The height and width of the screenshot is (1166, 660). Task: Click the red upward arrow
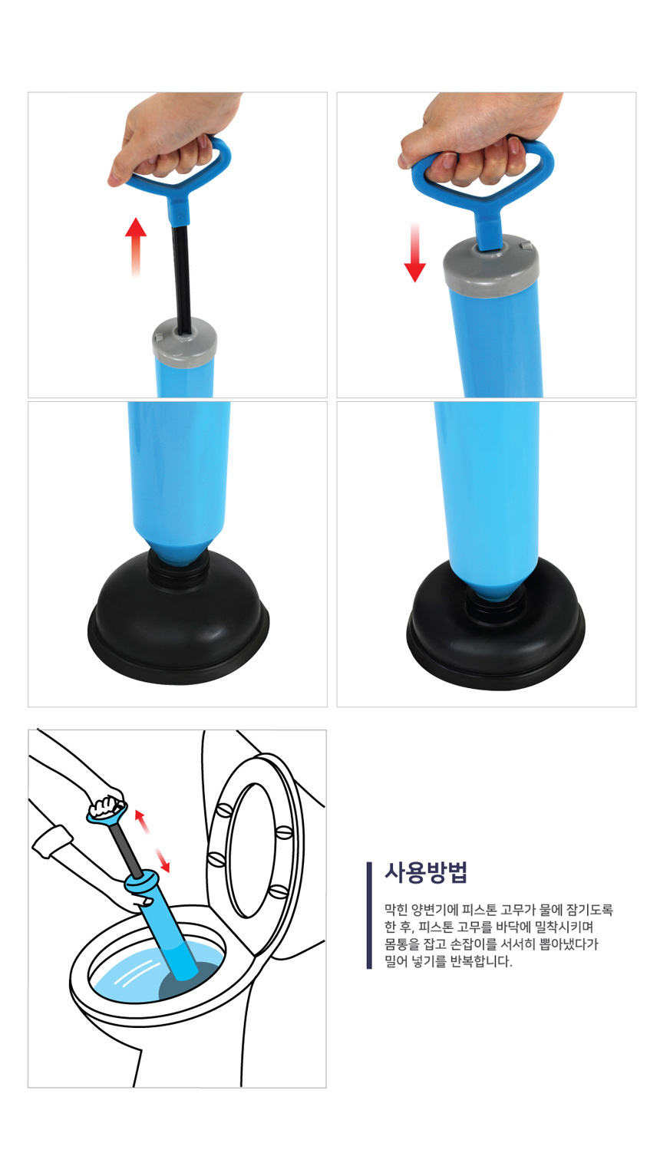pyautogui.click(x=135, y=247)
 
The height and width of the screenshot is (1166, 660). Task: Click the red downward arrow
pyautogui.click(x=414, y=252)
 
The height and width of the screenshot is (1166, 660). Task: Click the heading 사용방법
pyautogui.click(x=426, y=872)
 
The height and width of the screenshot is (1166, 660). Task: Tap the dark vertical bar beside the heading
pyautogui.click(x=369, y=915)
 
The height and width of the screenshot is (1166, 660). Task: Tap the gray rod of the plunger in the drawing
pyautogui.click(x=126, y=849)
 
